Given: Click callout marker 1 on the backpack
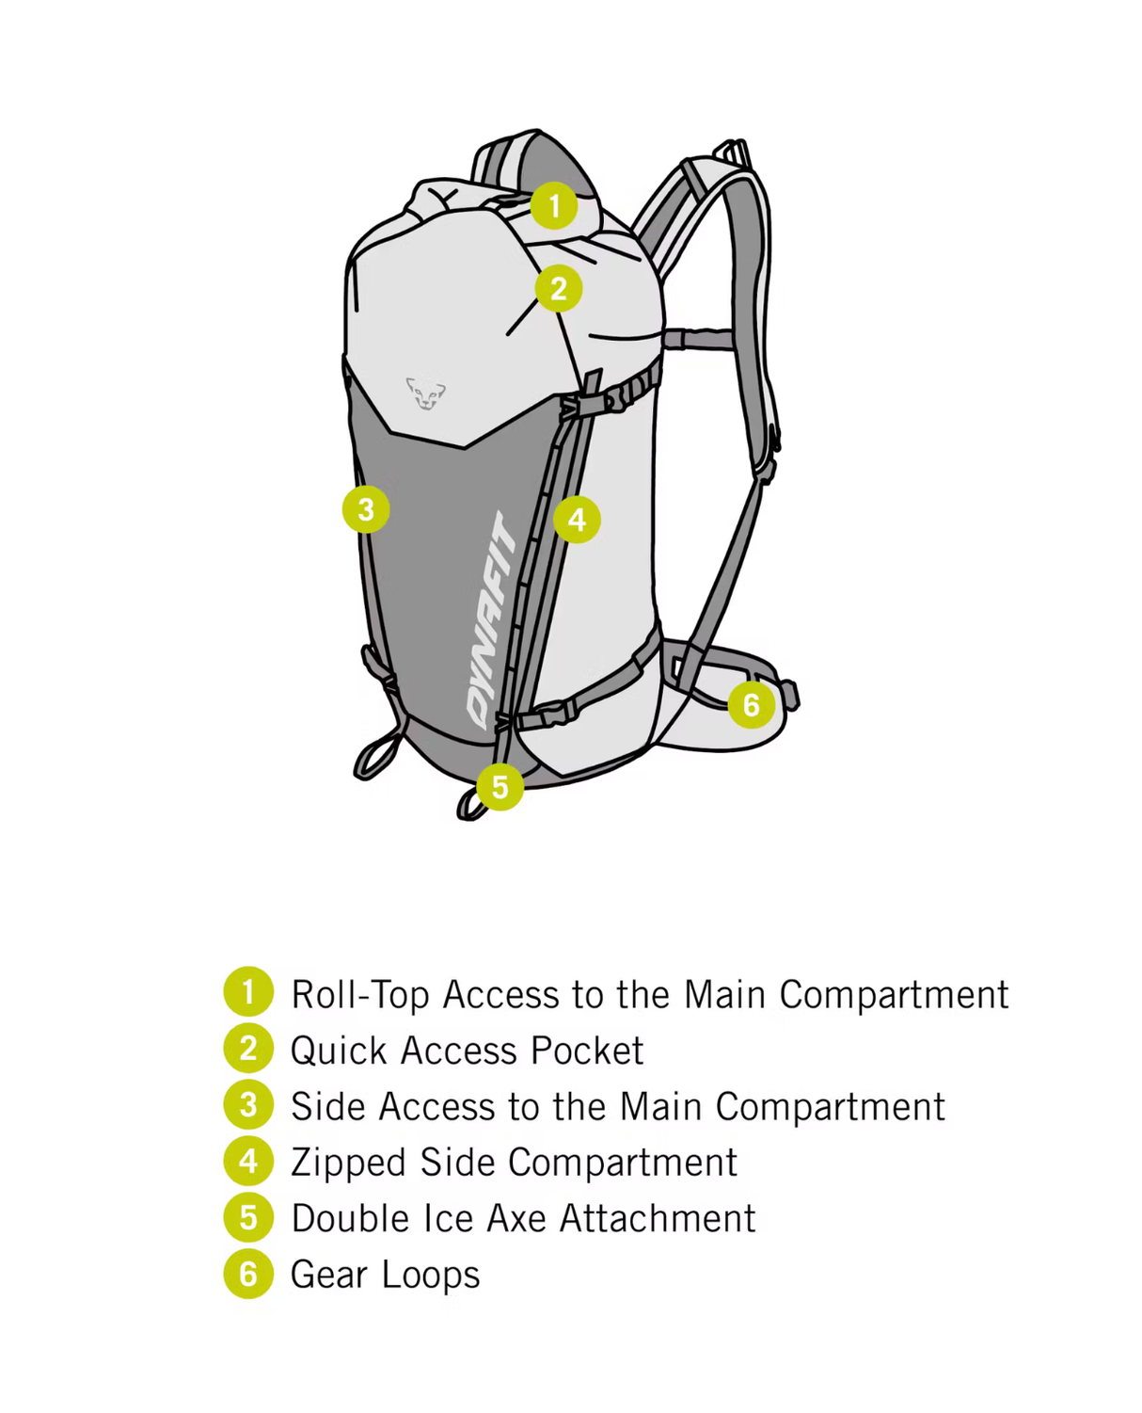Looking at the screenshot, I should pyautogui.click(x=554, y=205).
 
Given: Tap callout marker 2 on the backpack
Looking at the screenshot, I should pyautogui.click(x=558, y=288).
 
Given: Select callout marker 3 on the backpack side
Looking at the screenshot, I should pyautogui.click(x=366, y=509).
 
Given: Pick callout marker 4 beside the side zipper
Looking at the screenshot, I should pyautogui.click(x=577, y=519).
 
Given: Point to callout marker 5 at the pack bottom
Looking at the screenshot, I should pyautogui.click(x=500, y=786).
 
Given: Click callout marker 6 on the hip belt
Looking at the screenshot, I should pyautogui.click(x=751, y=704).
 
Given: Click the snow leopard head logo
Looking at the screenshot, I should pyautogui.click(x=425, y=392).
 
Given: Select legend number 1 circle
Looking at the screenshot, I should pyautogui.click(x=248, y=992).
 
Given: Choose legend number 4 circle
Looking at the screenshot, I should pyautogui.click(x=248, y=1161).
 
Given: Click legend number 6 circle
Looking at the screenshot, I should pyautogui.click(x=248, y=1274).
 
